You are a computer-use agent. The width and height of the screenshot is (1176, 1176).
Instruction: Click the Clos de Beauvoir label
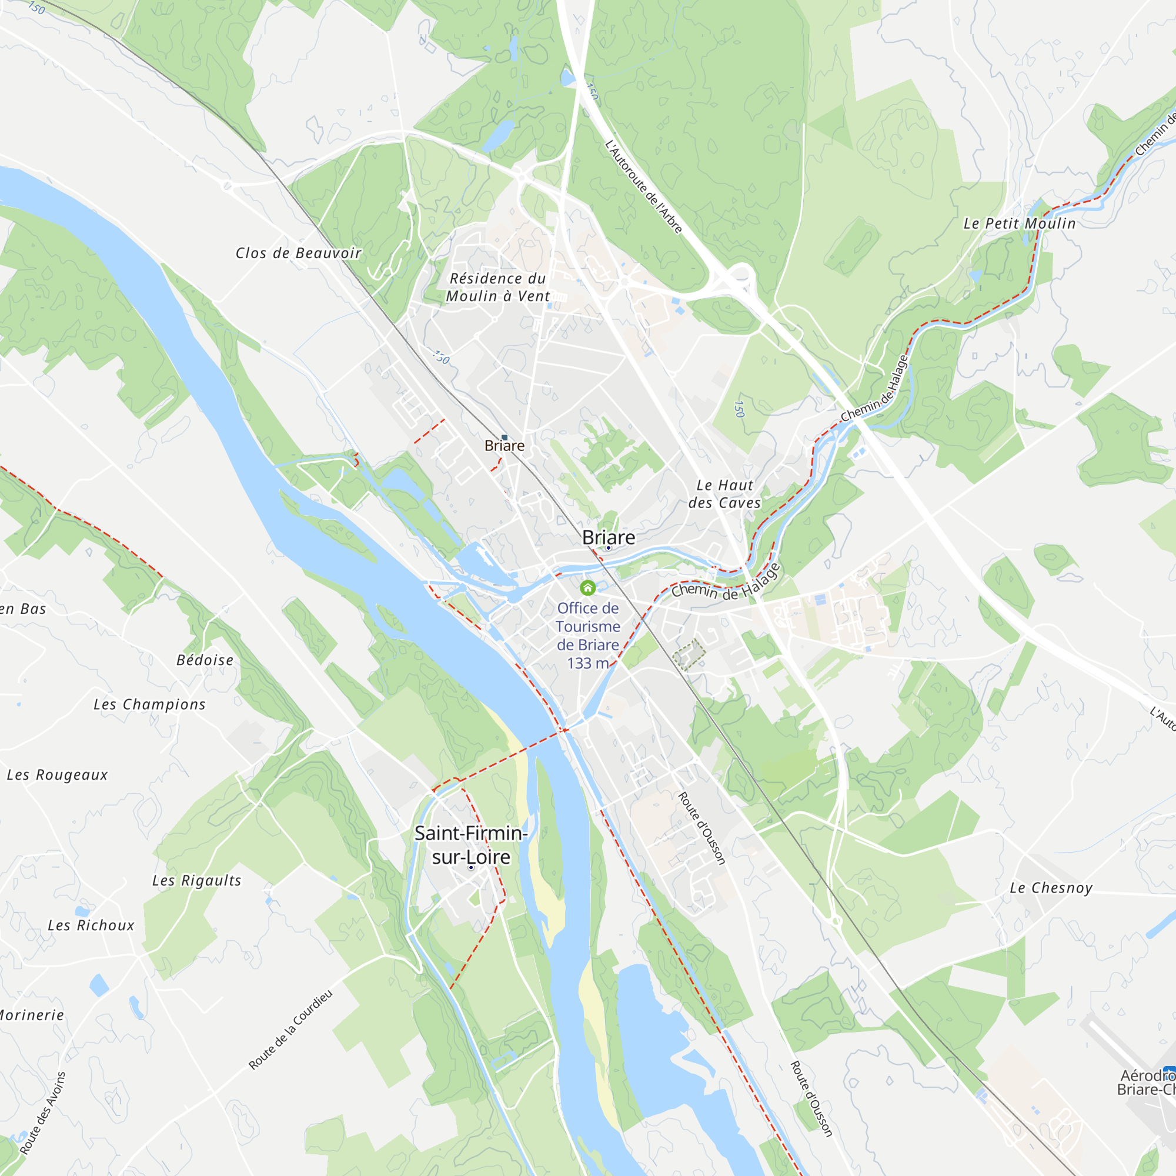[x=298, y=253]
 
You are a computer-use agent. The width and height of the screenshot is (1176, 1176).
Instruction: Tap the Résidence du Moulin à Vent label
[x=498, y=288]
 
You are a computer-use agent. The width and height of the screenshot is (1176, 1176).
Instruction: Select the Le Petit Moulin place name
[x=1019, y=224]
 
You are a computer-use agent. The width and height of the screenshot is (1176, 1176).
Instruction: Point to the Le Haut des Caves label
[x=724, y=495]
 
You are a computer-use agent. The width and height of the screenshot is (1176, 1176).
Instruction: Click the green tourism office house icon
[x=587, y=587]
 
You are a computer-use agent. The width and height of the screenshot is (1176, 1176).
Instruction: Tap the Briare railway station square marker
[x=505, y=437]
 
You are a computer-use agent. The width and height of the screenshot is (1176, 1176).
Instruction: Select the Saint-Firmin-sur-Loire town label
[x=470, y=845]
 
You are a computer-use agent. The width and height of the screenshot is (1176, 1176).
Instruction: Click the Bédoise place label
[x=205, y=660]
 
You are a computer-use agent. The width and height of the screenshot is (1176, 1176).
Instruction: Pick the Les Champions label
[x=149, y=705]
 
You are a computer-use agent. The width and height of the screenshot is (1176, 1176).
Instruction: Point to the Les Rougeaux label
[x=57, y=776]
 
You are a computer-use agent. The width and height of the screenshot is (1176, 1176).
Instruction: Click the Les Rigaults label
[x=196, y=881]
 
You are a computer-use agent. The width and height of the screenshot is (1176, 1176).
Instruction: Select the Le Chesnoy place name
[x=1051, y=888]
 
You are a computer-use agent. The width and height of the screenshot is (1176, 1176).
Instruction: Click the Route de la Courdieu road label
[x=290, y=1031]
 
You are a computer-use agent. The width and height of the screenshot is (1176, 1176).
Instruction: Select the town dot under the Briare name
[x=608, y=548]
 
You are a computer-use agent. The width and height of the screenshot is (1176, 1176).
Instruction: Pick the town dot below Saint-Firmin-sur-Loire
[x=471, y=867]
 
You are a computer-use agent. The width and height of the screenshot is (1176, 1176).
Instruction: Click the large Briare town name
[x=608, y=537]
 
